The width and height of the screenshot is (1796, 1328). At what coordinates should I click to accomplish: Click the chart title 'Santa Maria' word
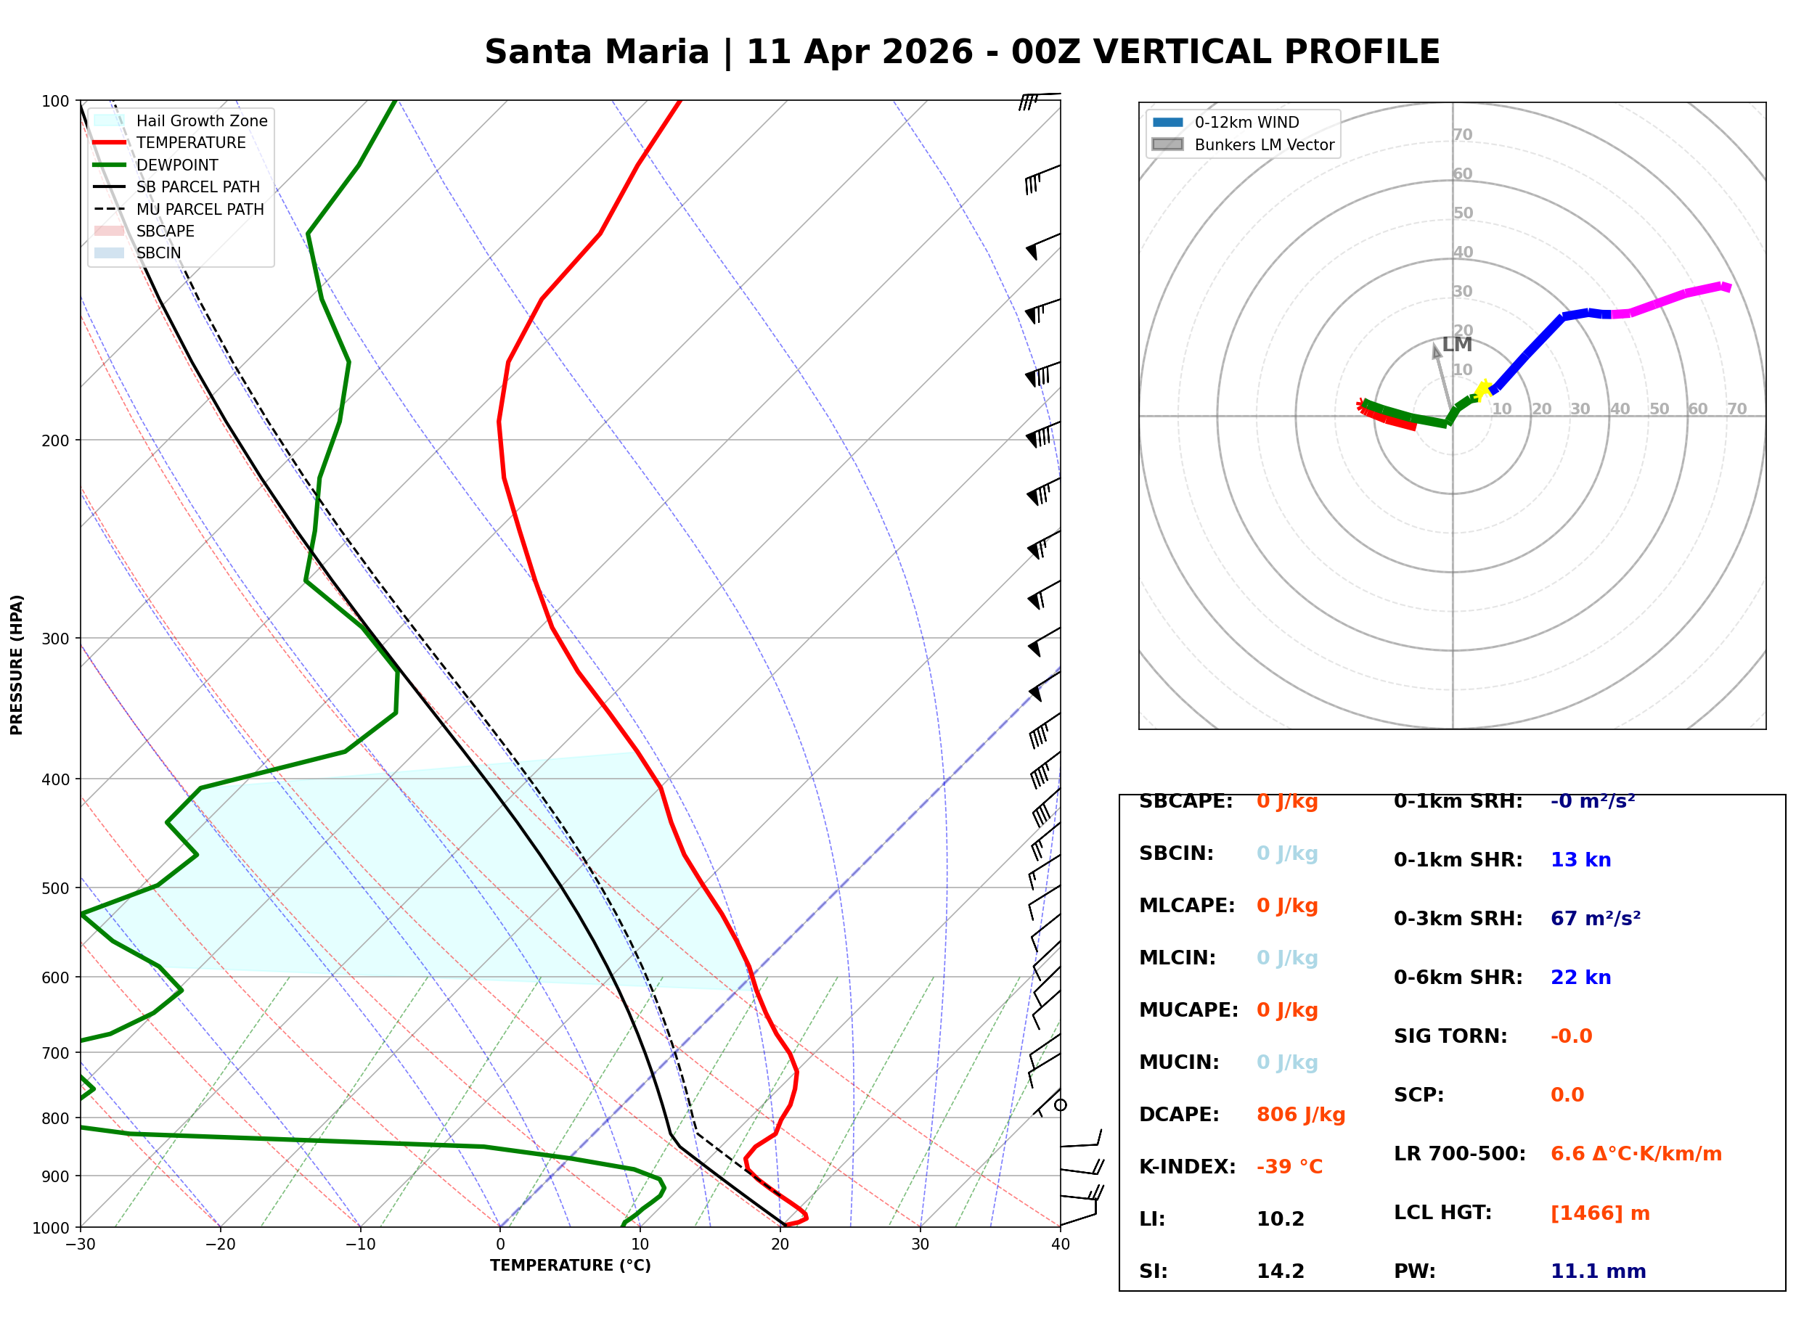(597, 52)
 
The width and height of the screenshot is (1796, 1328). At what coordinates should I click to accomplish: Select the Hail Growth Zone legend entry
(201, 120)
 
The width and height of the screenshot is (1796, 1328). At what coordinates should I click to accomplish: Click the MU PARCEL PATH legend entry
(200, 209)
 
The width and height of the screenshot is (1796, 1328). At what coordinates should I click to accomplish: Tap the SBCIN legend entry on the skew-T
(158, 253)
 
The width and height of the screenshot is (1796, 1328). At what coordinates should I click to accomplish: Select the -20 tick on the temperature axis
(219, 1245)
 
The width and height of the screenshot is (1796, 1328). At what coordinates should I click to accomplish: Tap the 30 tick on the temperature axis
(920, 1245)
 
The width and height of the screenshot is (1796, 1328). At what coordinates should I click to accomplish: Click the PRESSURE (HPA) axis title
(17, 665)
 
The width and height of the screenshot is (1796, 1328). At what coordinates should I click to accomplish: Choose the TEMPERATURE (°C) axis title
(570, 1266)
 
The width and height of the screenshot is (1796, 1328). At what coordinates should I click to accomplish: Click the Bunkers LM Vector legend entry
(1264, 144)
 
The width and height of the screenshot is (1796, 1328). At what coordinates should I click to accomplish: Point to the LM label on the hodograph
(1457, 345)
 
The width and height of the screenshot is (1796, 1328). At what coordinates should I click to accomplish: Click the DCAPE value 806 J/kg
(1300, 1115)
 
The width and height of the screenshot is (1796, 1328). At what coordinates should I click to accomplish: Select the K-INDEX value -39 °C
(1289, 1167)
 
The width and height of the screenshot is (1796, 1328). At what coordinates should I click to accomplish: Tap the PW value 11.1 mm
(1597, 1271)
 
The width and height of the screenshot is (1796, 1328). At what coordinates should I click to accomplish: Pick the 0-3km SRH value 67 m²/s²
(1595, 919)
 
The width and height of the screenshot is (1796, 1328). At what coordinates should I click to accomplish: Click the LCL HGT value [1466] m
(1600, 1213)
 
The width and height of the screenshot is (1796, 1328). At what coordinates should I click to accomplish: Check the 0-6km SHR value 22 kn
(1580, 977)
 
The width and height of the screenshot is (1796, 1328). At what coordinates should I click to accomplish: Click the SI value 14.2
(1280, 1271)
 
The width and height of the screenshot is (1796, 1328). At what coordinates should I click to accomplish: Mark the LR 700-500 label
(1459, 1155)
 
